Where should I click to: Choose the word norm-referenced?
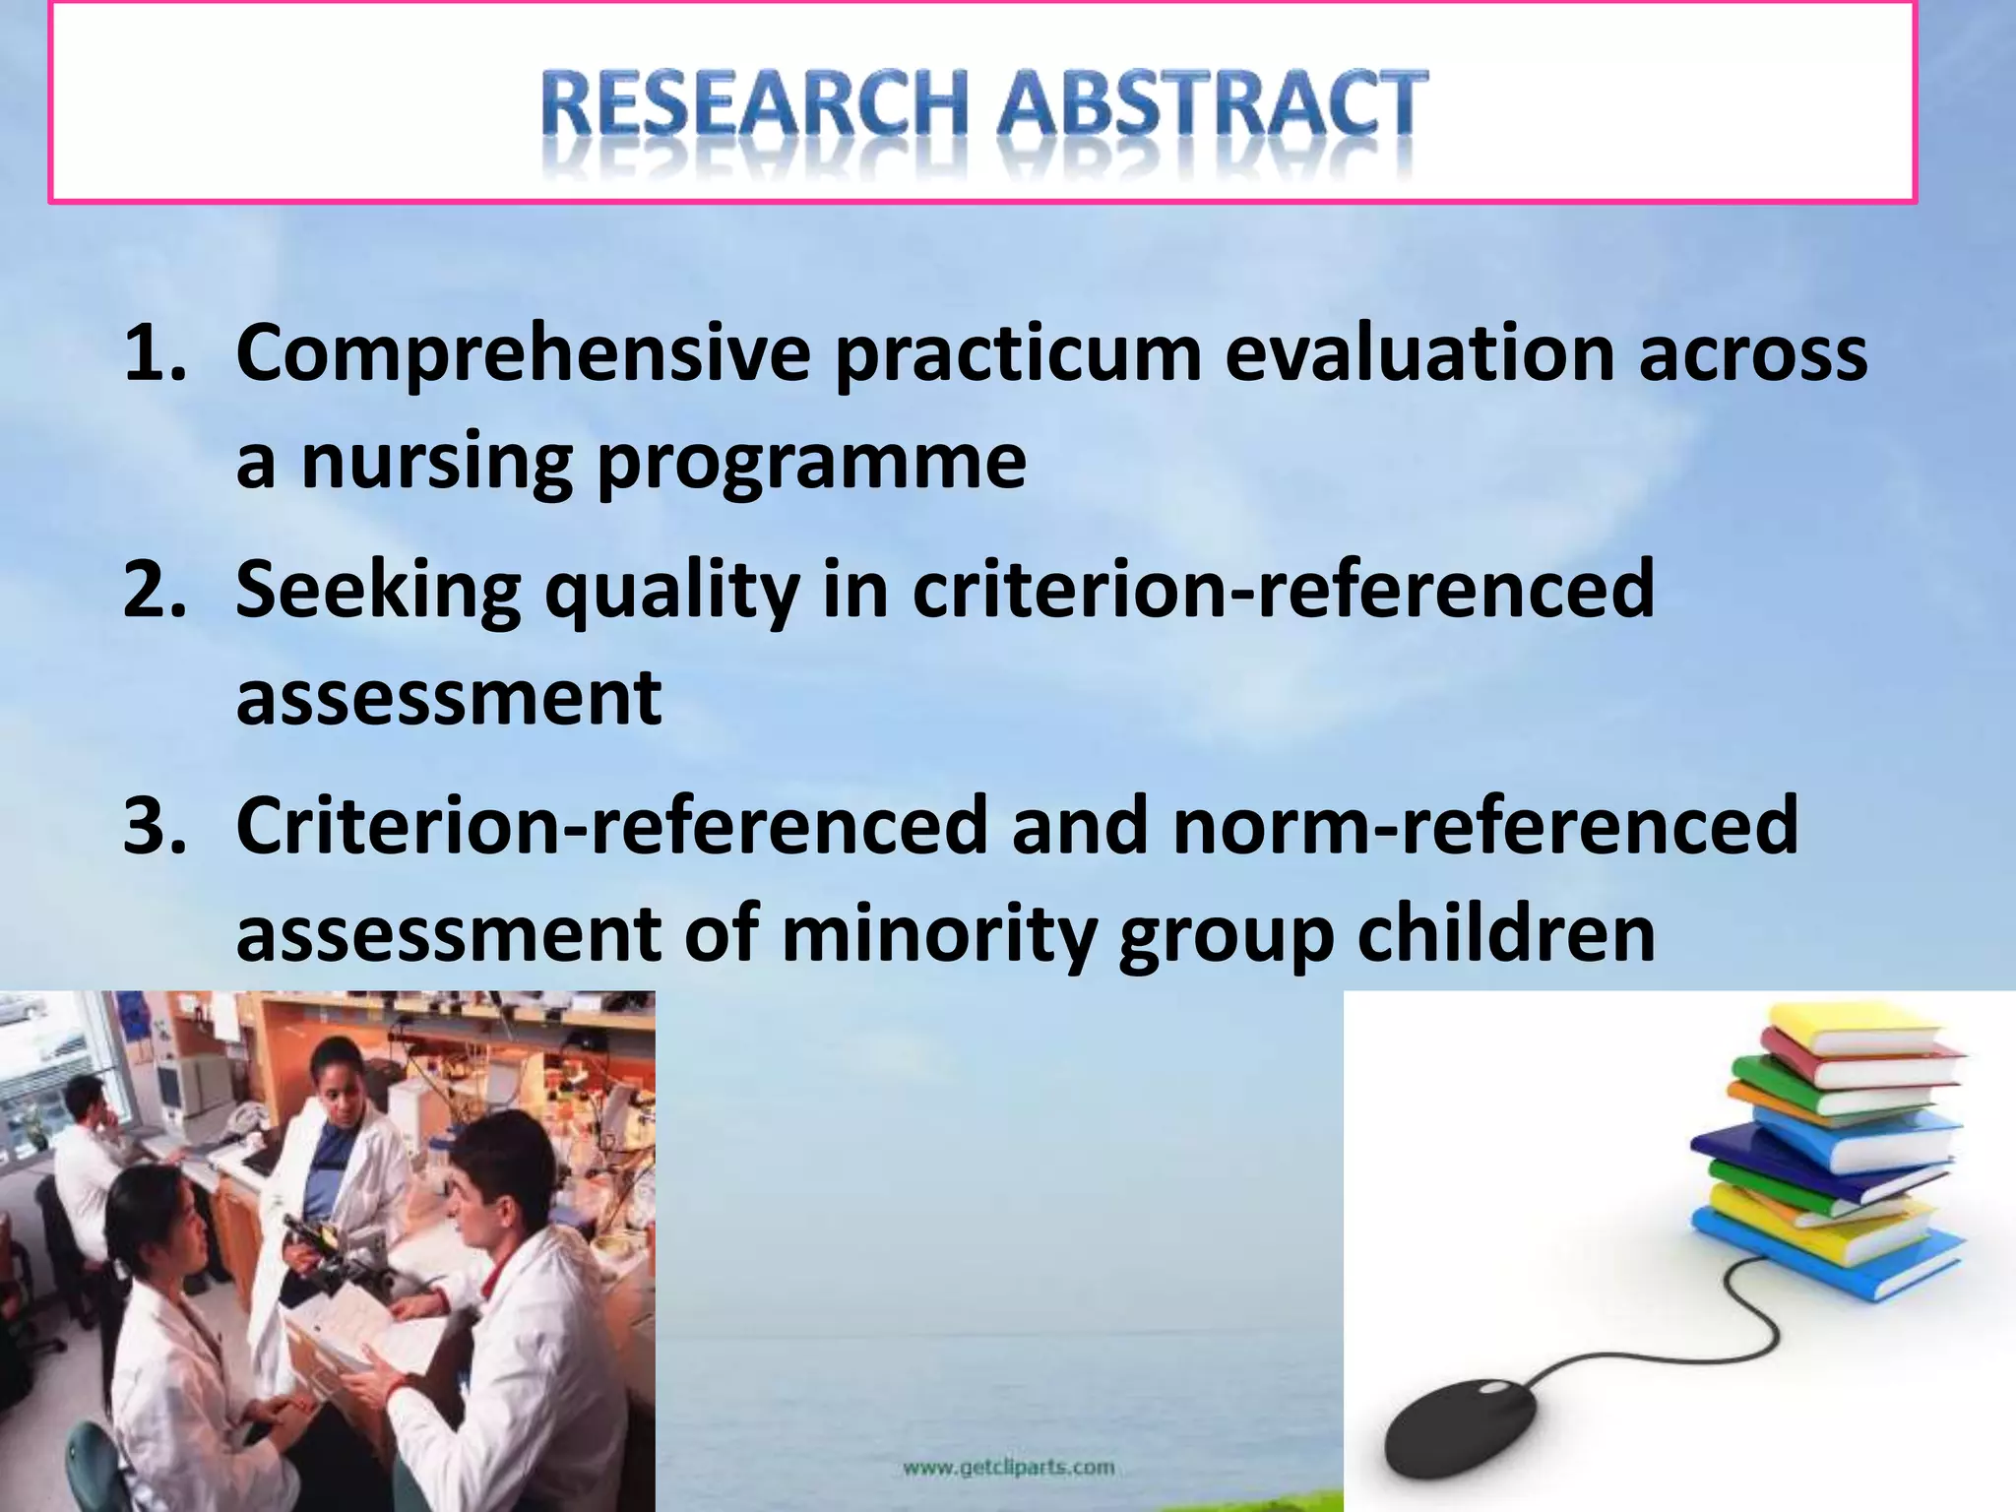1485,826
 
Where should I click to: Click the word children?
1506,933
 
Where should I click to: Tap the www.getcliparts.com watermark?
1008,1468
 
